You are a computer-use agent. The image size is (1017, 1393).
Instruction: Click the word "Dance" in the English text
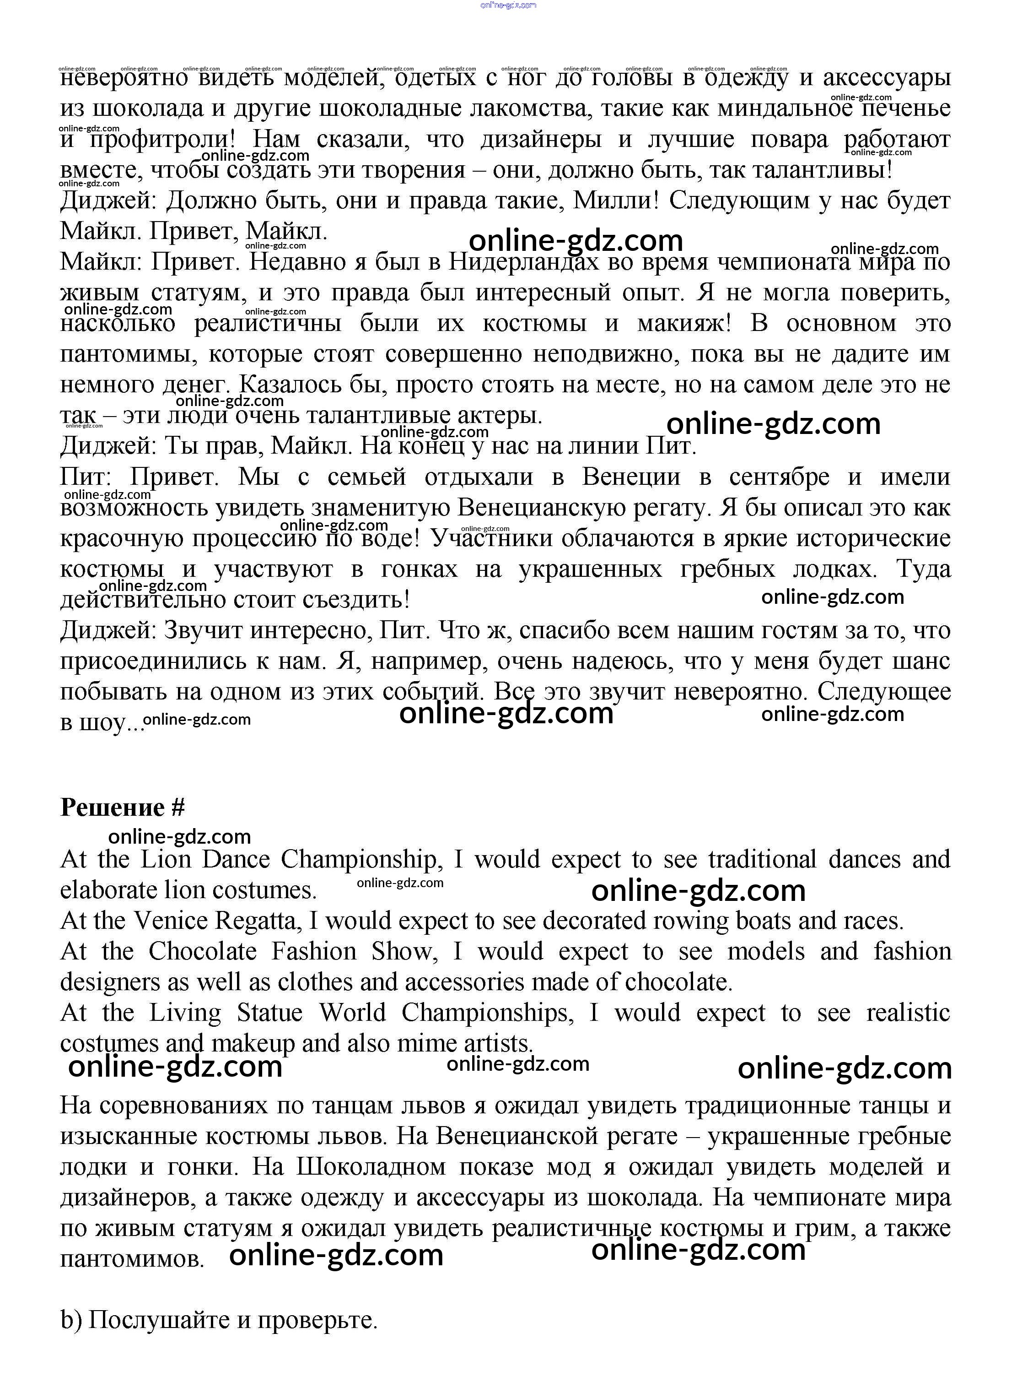236,860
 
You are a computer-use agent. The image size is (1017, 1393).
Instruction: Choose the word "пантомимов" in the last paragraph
131,1259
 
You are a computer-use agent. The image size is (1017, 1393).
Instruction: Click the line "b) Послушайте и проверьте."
219,1320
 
